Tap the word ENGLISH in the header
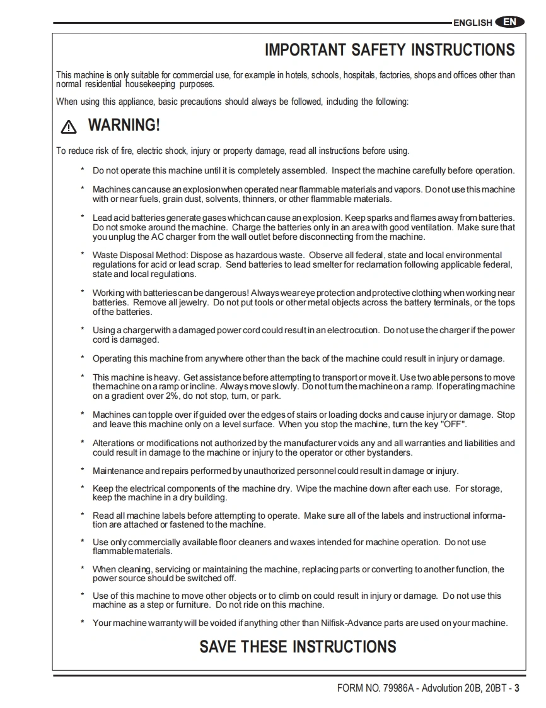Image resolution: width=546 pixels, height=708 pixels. click(472, 23)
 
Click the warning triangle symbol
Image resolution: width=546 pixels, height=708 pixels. click(68, 127)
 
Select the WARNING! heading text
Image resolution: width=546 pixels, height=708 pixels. click(124, 125)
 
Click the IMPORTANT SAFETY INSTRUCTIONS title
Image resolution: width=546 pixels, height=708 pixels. click(390, 50)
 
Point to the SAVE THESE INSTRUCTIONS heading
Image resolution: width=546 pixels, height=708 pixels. click(298, 647)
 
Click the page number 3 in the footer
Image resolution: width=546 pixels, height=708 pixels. click(517, 688)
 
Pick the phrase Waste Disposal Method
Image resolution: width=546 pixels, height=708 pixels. click(138, 255)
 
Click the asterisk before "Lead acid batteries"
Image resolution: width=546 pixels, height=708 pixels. click(83, 218)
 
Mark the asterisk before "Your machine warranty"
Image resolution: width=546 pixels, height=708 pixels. click(83, 623)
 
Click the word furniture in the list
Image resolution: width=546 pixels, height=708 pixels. click(187, 605)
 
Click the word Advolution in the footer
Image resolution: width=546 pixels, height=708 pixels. click(442, 688)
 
